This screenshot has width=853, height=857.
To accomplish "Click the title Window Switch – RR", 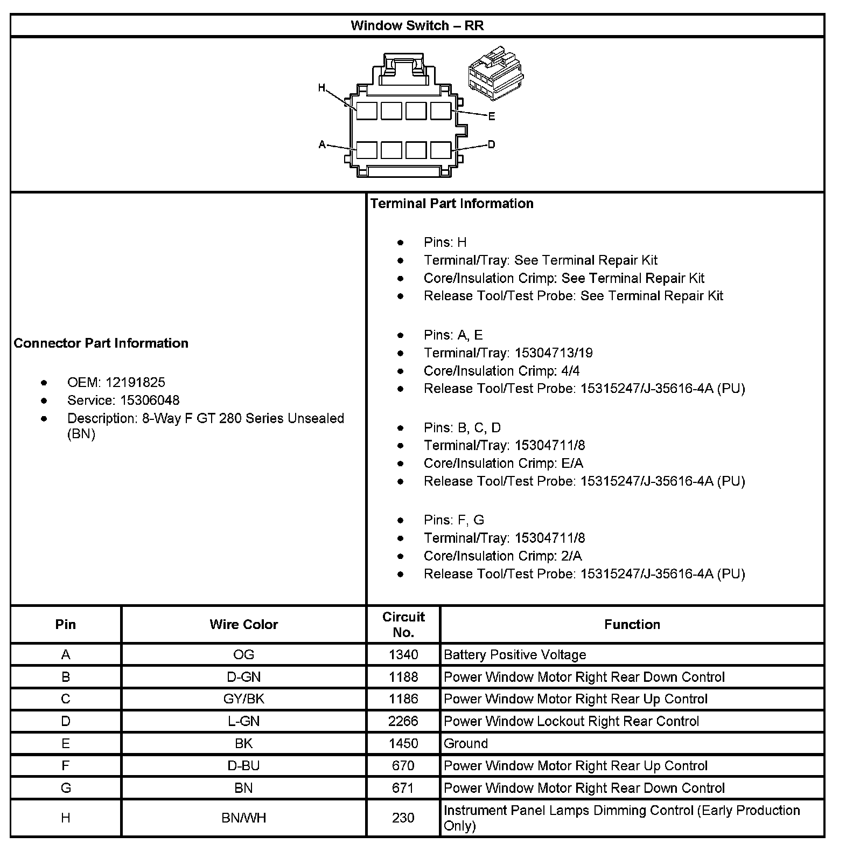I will pyautogui.click(x=417, y=25).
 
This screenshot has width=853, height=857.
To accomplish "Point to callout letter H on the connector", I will pyautogui.click(x=321, y=88).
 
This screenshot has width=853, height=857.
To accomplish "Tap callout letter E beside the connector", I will pyautogui.click(x=491, y=116).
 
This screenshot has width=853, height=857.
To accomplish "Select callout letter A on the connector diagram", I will pyautogui.click(x=322, y=144).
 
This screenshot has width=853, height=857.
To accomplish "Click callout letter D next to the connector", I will pyautogui.click(x=491, y=144).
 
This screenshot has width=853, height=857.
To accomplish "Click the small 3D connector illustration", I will pyautogui.click(x=495, y=73).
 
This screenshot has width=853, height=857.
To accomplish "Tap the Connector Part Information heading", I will pyautogui.click(x=101, y=343).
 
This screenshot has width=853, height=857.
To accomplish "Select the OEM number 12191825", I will pyautogui.click(x=135, y=383).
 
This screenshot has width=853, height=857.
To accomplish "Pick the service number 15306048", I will pyautogui.click(x=150, y=400).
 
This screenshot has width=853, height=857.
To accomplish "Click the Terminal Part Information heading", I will pyautogui.click(x=452, y=203).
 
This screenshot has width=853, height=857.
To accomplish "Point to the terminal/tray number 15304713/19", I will pyautogui.click(x=554, y=353).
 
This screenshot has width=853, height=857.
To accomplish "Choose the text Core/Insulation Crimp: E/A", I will pyautogui.click(x=503, y=464).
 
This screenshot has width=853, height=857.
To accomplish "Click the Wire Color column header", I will pyautogui.click(x=243, y=624).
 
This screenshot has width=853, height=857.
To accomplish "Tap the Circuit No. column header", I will pyautogui.click(x=403, y=624).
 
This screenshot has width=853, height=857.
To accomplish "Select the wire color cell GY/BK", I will pyautogui.click(x=243, y=699).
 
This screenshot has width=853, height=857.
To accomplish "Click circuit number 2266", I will pyautogui.click(x=403, y=721).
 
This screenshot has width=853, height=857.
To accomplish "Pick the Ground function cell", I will pyautogui.click(x=466, y=744).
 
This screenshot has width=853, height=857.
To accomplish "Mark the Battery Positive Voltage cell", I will pyautogui.click(x=515, y=655).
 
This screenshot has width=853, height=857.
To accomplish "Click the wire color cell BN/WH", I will pyautogui.click(x=243, y=818).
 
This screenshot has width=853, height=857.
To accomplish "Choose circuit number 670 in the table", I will pyautogui.click(x=403, y=766).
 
